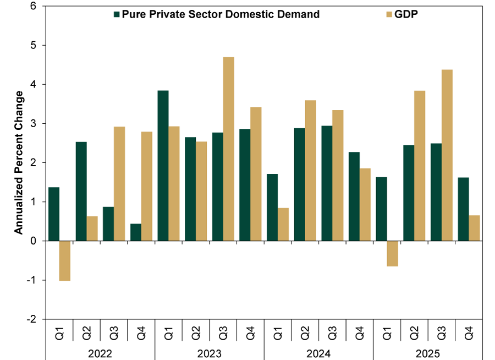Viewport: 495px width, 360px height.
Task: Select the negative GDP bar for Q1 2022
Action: pyautogui.click(x=64, y=261)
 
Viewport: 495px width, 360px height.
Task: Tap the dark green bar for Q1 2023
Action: pyautogui.click(x=163, y=165)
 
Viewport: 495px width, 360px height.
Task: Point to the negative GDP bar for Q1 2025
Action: pyautogui.click(x=392, y=254)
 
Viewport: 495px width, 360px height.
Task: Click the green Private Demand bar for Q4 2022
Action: pyautogui.click(x=135, y=232)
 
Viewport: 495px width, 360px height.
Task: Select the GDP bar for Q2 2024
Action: pyautogui.click(x=310, y=171)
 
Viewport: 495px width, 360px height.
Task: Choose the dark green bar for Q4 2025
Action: pyautogui.click(x=463, y=209)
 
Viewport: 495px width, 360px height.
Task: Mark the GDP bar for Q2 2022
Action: pyautogui.click(x=92, y=228)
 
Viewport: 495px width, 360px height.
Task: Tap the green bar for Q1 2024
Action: pyautogui.click(x=272, y=208)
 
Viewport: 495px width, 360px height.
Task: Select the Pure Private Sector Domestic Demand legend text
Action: pyautogui.click(x=221, y=14)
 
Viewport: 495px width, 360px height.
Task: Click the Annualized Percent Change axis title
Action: pyautogui.click(x=19, y=163)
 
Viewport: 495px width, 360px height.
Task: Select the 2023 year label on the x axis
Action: pyautogui.click(x=209, y=351)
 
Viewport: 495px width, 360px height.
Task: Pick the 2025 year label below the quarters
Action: pyautogui.click(x=428, y=351)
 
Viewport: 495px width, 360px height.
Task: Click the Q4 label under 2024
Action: pyautogui.click(x=360, y=333)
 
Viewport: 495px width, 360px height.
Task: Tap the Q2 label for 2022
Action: pyautogui.click(x=87, y=333)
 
